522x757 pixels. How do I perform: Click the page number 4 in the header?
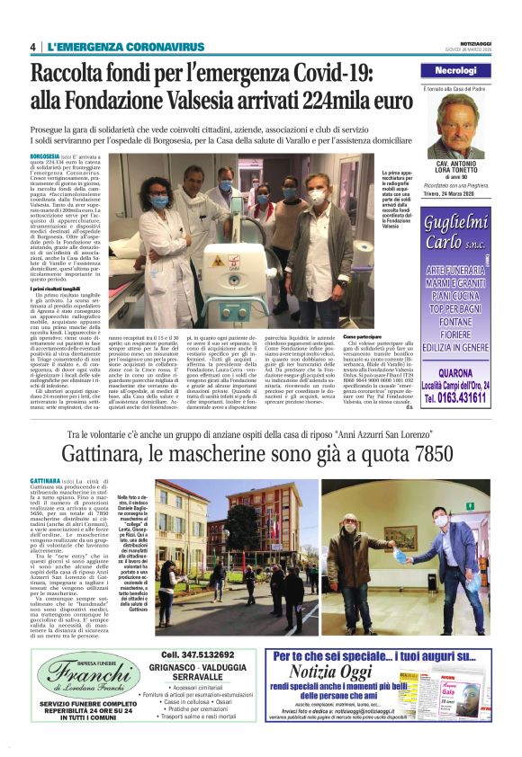[32, 47]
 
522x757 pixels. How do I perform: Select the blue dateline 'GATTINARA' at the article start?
[46, 483]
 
